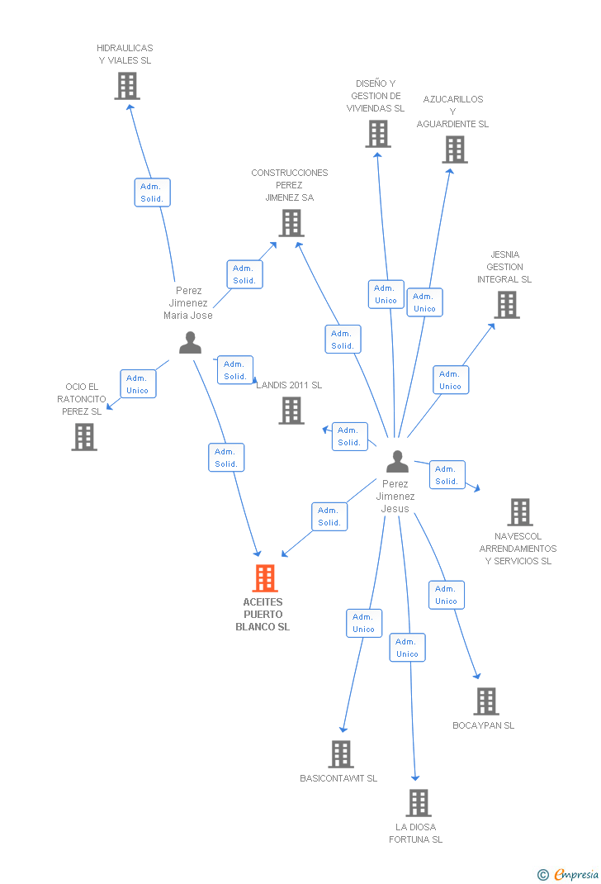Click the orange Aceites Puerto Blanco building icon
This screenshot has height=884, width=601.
pyautogui.click(x=265, y=578)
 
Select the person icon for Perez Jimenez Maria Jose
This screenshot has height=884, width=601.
pyautogui.click(x=190, y=343)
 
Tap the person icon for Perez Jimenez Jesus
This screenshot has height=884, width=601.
pyautogui.click(x=397, y=462)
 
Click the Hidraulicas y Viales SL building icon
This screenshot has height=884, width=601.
pyautogui.click(x=127, y=86)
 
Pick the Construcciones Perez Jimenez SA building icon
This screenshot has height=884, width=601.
pyautogui.click(x=291, y=223)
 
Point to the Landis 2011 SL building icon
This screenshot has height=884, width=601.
pyautogui.click(x=291, y=411)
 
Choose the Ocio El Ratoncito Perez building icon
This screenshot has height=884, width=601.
pyautogui.click(x=84, y=437)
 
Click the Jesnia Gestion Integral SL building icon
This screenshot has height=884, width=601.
pyautogui.click(x=506, y=305)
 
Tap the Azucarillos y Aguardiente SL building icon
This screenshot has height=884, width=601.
pyautogui.click(x=455, y=150)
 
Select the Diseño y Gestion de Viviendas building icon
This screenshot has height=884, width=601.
pyautogui.click(x=378, y=134)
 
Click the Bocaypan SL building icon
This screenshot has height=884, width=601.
pyautogui.click(x=485, y=701)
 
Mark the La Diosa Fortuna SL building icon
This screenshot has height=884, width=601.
pyautogui.click(x=419, y=803)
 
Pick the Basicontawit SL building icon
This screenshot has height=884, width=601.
pyautogui.click(x=341, y=754)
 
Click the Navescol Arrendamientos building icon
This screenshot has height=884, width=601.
pyautogui.click(x=519, y=512)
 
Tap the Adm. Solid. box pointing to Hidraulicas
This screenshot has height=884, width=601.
pyautogui.click(x=152, y=192)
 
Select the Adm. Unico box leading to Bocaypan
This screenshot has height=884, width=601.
pyautogui.click(x=446, y=595)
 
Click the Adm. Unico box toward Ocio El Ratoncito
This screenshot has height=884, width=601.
pyautogui.click(x=138, y=384)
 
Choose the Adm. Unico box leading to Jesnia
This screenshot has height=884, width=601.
pyautogui.click(x=451, y=380)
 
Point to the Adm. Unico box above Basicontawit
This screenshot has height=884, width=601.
pyautogui.click(x=364, y=623)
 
